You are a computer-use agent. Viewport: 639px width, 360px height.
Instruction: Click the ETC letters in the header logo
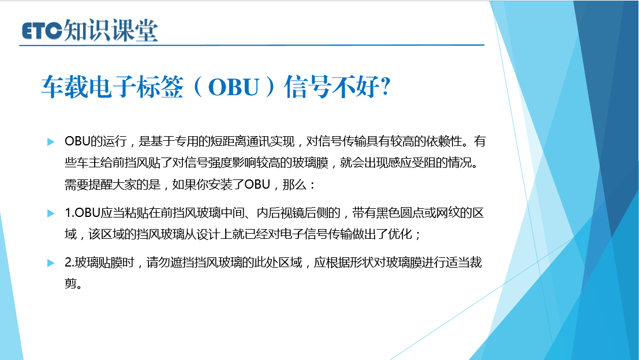tap(42, 31)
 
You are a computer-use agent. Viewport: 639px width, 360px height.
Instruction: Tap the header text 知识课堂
tap(111, 30)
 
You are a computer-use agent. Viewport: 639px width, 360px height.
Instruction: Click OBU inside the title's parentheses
tap(234, 87)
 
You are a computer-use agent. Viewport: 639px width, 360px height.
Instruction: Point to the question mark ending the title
tap(385, 87)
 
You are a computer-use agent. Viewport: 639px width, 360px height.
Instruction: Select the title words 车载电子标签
tap(113, 87)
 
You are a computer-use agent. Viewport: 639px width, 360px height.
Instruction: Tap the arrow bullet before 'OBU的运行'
tap(51, 142)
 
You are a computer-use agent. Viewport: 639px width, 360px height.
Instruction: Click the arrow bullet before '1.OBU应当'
tap(51, 213)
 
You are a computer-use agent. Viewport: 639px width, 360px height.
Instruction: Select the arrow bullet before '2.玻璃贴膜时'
tap(51, 263)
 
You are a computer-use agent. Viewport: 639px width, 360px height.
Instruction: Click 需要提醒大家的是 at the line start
tap(113, 185)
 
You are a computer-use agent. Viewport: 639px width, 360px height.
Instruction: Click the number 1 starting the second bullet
tap(68, 213)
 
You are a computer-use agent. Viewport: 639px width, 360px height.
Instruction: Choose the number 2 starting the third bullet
tap(68, 262)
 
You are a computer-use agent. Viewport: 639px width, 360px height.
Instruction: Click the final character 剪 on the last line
tap(70, 283)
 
